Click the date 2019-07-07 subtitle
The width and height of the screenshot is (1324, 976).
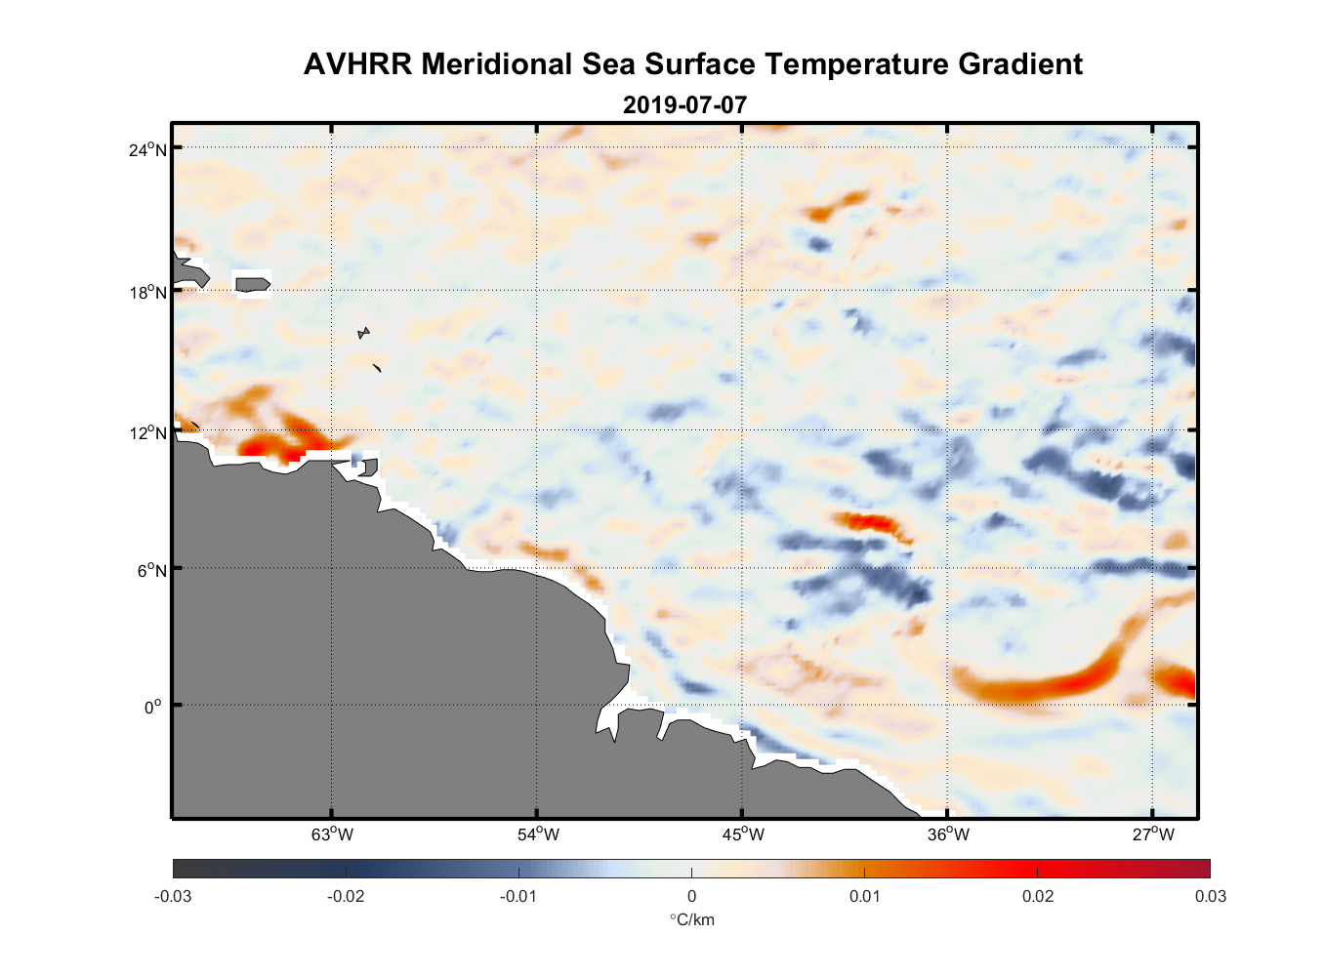(684, 104)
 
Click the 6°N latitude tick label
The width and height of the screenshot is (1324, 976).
(152, 570)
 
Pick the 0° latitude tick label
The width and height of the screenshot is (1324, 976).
(153, 707)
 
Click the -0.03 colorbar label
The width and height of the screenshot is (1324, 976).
(173, 896)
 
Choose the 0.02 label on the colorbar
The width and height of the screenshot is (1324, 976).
(1037, 896)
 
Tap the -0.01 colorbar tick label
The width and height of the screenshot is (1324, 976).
(518, 896)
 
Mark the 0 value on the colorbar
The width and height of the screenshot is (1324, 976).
(691, 896)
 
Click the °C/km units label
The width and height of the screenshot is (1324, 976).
(691, 919)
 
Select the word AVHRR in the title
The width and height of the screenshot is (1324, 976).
(358, 64)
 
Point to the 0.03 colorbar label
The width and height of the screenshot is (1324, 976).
(1210, 896)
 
